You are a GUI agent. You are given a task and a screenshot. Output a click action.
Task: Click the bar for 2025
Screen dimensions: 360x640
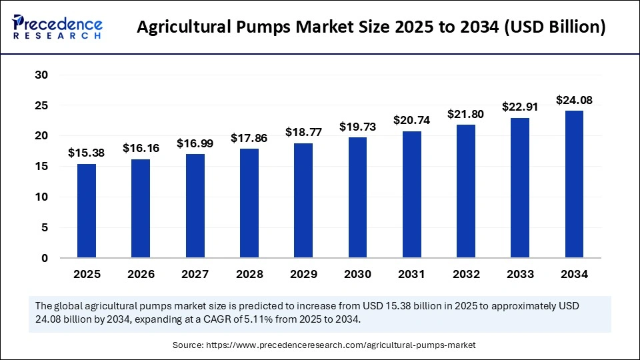(87, 211)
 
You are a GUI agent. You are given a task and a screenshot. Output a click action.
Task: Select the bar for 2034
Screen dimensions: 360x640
(574, 184)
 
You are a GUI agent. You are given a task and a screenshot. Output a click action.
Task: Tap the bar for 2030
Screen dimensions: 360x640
(357, 197)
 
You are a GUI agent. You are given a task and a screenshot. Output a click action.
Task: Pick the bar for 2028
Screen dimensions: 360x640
(249, 203)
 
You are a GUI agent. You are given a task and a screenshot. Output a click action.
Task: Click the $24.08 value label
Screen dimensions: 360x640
(574, 101)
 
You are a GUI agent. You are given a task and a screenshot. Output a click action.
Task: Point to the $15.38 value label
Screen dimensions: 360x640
(87, 153)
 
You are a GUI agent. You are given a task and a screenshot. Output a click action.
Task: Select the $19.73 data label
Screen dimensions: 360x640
(357, 127)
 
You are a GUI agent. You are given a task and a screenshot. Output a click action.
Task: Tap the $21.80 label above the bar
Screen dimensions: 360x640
(465, 114)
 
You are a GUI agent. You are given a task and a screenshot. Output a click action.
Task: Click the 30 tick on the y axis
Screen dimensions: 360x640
(41, 75)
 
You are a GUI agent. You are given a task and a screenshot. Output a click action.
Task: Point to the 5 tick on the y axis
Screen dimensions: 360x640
(44, 227)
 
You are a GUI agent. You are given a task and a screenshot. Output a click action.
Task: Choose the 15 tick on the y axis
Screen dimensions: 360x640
(41, 166)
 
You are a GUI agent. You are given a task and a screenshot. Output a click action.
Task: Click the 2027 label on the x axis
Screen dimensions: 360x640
(195, 274)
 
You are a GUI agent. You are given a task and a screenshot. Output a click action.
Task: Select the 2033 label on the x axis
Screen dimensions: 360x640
(519, 274)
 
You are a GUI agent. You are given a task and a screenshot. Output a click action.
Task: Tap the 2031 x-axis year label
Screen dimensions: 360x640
(411, 274)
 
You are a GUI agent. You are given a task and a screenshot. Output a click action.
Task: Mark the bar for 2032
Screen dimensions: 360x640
(465, 191)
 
